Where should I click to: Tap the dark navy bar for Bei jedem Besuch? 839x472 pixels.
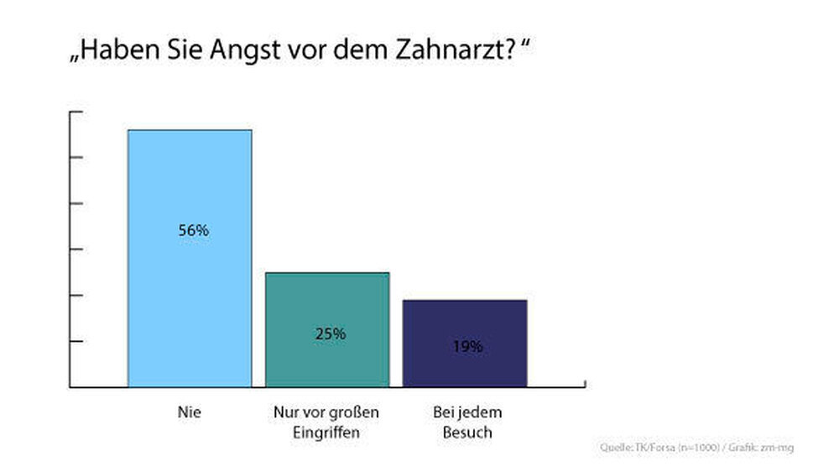coord(465,323)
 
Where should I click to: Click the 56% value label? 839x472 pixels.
coord(193,230)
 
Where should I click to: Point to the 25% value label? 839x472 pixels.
coord(331,333)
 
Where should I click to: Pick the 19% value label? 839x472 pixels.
coord(468,345)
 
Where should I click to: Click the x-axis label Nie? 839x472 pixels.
coord(190,412)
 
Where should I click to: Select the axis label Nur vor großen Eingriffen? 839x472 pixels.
coord(327,422)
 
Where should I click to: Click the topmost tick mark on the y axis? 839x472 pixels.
coord(76,112)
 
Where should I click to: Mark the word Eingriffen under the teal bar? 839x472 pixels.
coord(327,433)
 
